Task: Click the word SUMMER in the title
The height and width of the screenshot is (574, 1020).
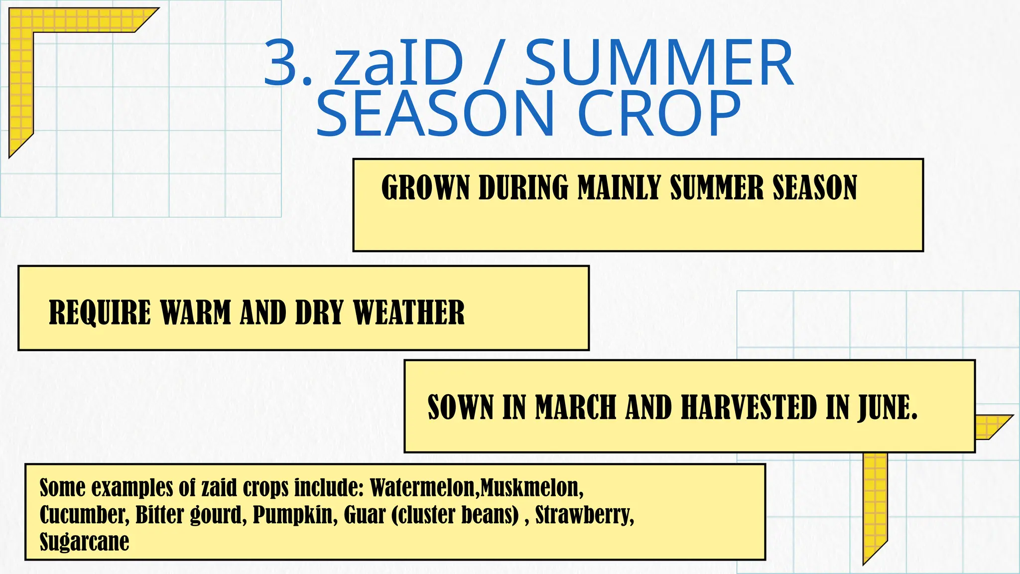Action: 659,64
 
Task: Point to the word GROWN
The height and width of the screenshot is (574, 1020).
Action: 425,188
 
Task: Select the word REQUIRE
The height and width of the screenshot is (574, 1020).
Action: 100,313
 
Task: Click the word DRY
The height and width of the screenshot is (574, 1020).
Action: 319,313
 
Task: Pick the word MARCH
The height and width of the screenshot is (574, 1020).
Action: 576,407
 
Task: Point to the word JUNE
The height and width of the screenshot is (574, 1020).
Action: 887,407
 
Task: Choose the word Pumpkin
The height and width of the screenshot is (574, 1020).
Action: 292,515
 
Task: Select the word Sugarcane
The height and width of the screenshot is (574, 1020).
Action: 84,542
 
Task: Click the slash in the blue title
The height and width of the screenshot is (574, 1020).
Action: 493,64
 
